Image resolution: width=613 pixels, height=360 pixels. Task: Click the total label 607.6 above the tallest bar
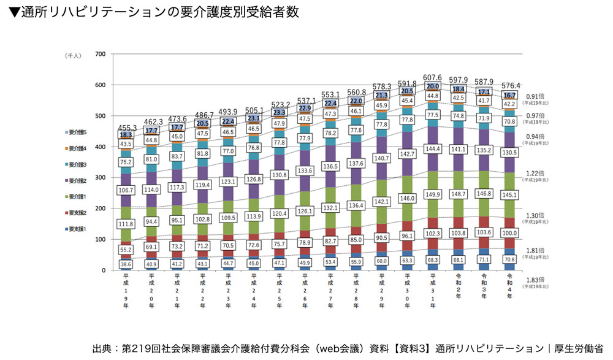433,78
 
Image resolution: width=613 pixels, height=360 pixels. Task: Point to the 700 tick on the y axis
101,55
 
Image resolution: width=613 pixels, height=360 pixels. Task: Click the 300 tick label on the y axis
101,178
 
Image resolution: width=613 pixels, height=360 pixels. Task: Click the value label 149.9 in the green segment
433,196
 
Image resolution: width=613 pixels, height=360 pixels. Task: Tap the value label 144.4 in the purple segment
433,149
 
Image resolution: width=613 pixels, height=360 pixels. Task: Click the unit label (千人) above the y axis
74,55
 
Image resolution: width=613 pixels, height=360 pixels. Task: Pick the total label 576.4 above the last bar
510,86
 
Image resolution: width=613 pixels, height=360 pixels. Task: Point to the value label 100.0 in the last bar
510,234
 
